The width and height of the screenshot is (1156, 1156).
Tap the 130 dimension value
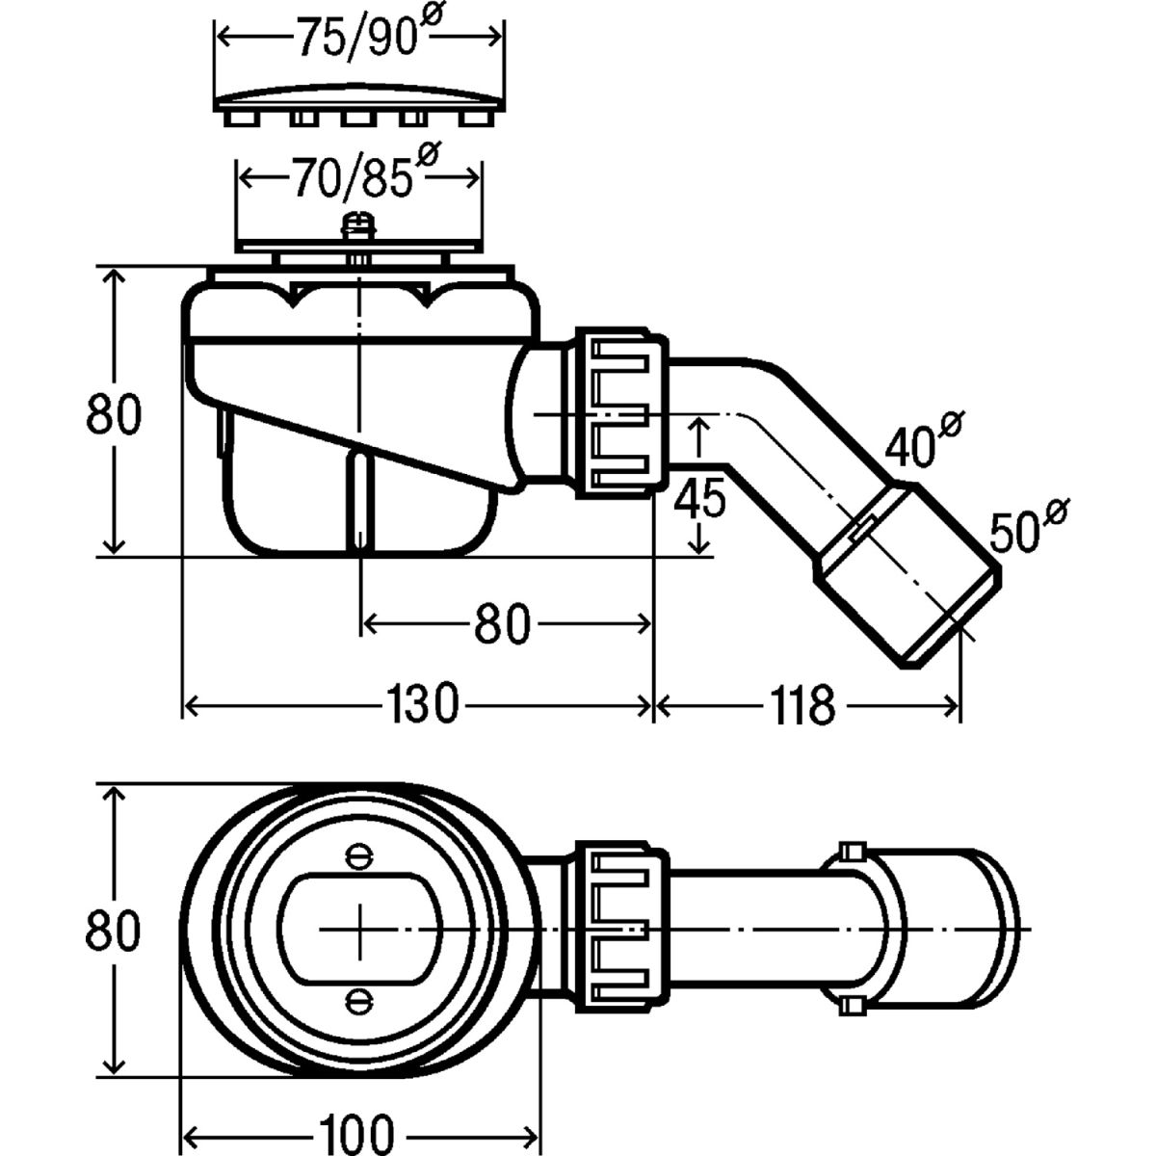coord(420,704)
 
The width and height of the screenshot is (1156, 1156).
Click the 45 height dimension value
coord(699,501)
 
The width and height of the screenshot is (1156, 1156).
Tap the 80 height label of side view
coord(114,413)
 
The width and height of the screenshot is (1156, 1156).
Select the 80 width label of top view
coord(114,931)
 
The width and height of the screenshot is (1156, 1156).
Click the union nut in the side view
coord(621,411)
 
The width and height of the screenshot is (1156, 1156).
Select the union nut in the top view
coord(621,928)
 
